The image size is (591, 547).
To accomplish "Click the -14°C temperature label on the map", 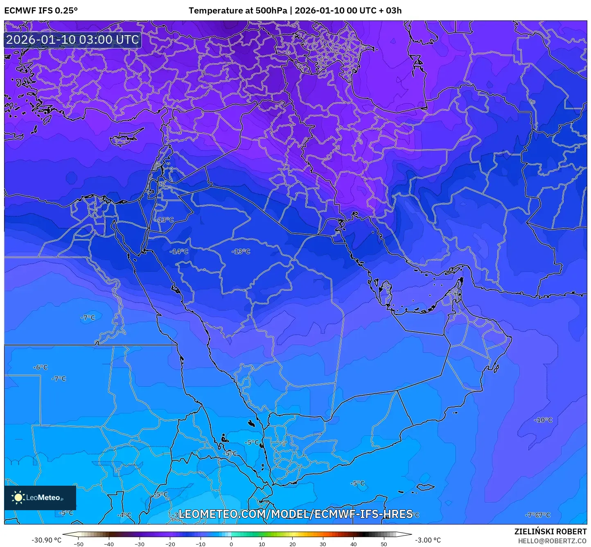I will pos(179,251).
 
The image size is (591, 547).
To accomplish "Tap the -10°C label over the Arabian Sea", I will pos(543,420).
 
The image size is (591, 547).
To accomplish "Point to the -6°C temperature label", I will pos(40,368).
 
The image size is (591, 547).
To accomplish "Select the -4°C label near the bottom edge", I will pos(124,515).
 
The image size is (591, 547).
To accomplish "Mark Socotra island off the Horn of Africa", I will pos(426,487).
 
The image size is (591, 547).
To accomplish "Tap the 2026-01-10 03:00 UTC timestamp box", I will pos(72,40).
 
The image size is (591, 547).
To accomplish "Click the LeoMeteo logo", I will pos(40,498).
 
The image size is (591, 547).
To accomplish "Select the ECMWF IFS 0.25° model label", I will pos(41,11).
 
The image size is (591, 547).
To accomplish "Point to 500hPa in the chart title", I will pos(271,11).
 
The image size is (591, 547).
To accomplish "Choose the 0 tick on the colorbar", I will pos(231,544).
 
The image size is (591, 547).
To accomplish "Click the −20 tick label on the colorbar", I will pos(170,544).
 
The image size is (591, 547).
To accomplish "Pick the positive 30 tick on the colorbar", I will pos(323,544).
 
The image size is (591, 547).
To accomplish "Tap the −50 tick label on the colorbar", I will pos(78,544).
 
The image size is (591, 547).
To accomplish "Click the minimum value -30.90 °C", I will pos(46,540).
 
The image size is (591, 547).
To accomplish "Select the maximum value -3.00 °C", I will pos(428,540).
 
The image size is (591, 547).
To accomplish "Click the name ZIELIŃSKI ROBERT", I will pos(550,531).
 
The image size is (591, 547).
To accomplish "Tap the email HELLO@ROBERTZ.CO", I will pos(552,541).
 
